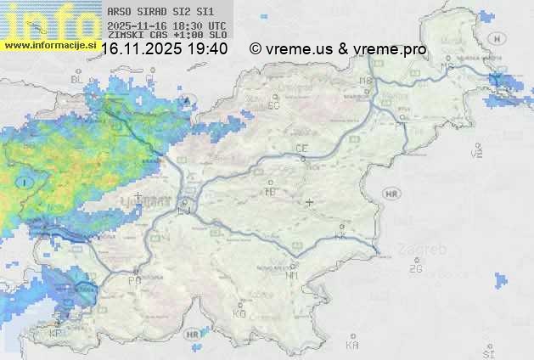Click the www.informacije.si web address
[48, 43]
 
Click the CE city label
[301, 149]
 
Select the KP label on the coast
[56, 334]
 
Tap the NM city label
[292, 275]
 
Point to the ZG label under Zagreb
[416, 269]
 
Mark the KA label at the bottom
[352, 345]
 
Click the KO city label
[239, 313]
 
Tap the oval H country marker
[497, 39]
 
